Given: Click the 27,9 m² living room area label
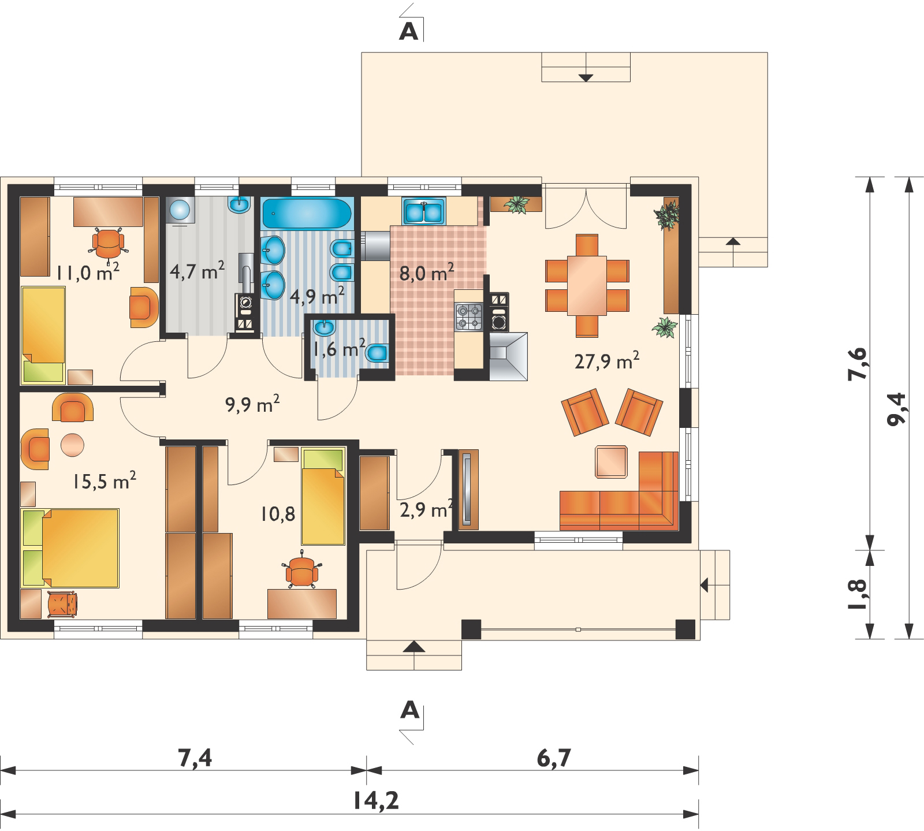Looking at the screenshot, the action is pyautogui.click(x=607, y=362).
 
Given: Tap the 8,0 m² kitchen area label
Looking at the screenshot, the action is pyautogui.click(x=427, y=272).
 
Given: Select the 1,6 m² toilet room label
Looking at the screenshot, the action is pyautogui.click(x=338, y=348).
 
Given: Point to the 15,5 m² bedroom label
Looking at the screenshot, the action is pyautogui.click(x=105, y=480).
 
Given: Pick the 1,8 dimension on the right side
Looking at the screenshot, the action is pyautogui.click(x=859, y=594).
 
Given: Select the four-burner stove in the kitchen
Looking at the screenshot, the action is pyautogui.click(x=468, y=316).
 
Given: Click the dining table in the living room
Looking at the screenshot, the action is pyautogui.click(x=587, y=285).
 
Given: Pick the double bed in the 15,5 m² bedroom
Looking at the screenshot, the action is pyautogui.click(x=70, y=547).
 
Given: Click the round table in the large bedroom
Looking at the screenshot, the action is pyautogui.click(x=72, y=445).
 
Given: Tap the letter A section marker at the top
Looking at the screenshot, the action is pyautogui.click(x=408, y=32).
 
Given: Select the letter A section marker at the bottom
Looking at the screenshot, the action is pyautogui.click(x=408, y=710).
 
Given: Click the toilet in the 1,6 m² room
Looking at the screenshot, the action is pyautogui.click(x=377, y=352).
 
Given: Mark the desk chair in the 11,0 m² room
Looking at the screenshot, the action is pyautogui.click(x=107, y=243).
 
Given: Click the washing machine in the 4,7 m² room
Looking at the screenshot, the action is pyautogui.click(x=180, y=210).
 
